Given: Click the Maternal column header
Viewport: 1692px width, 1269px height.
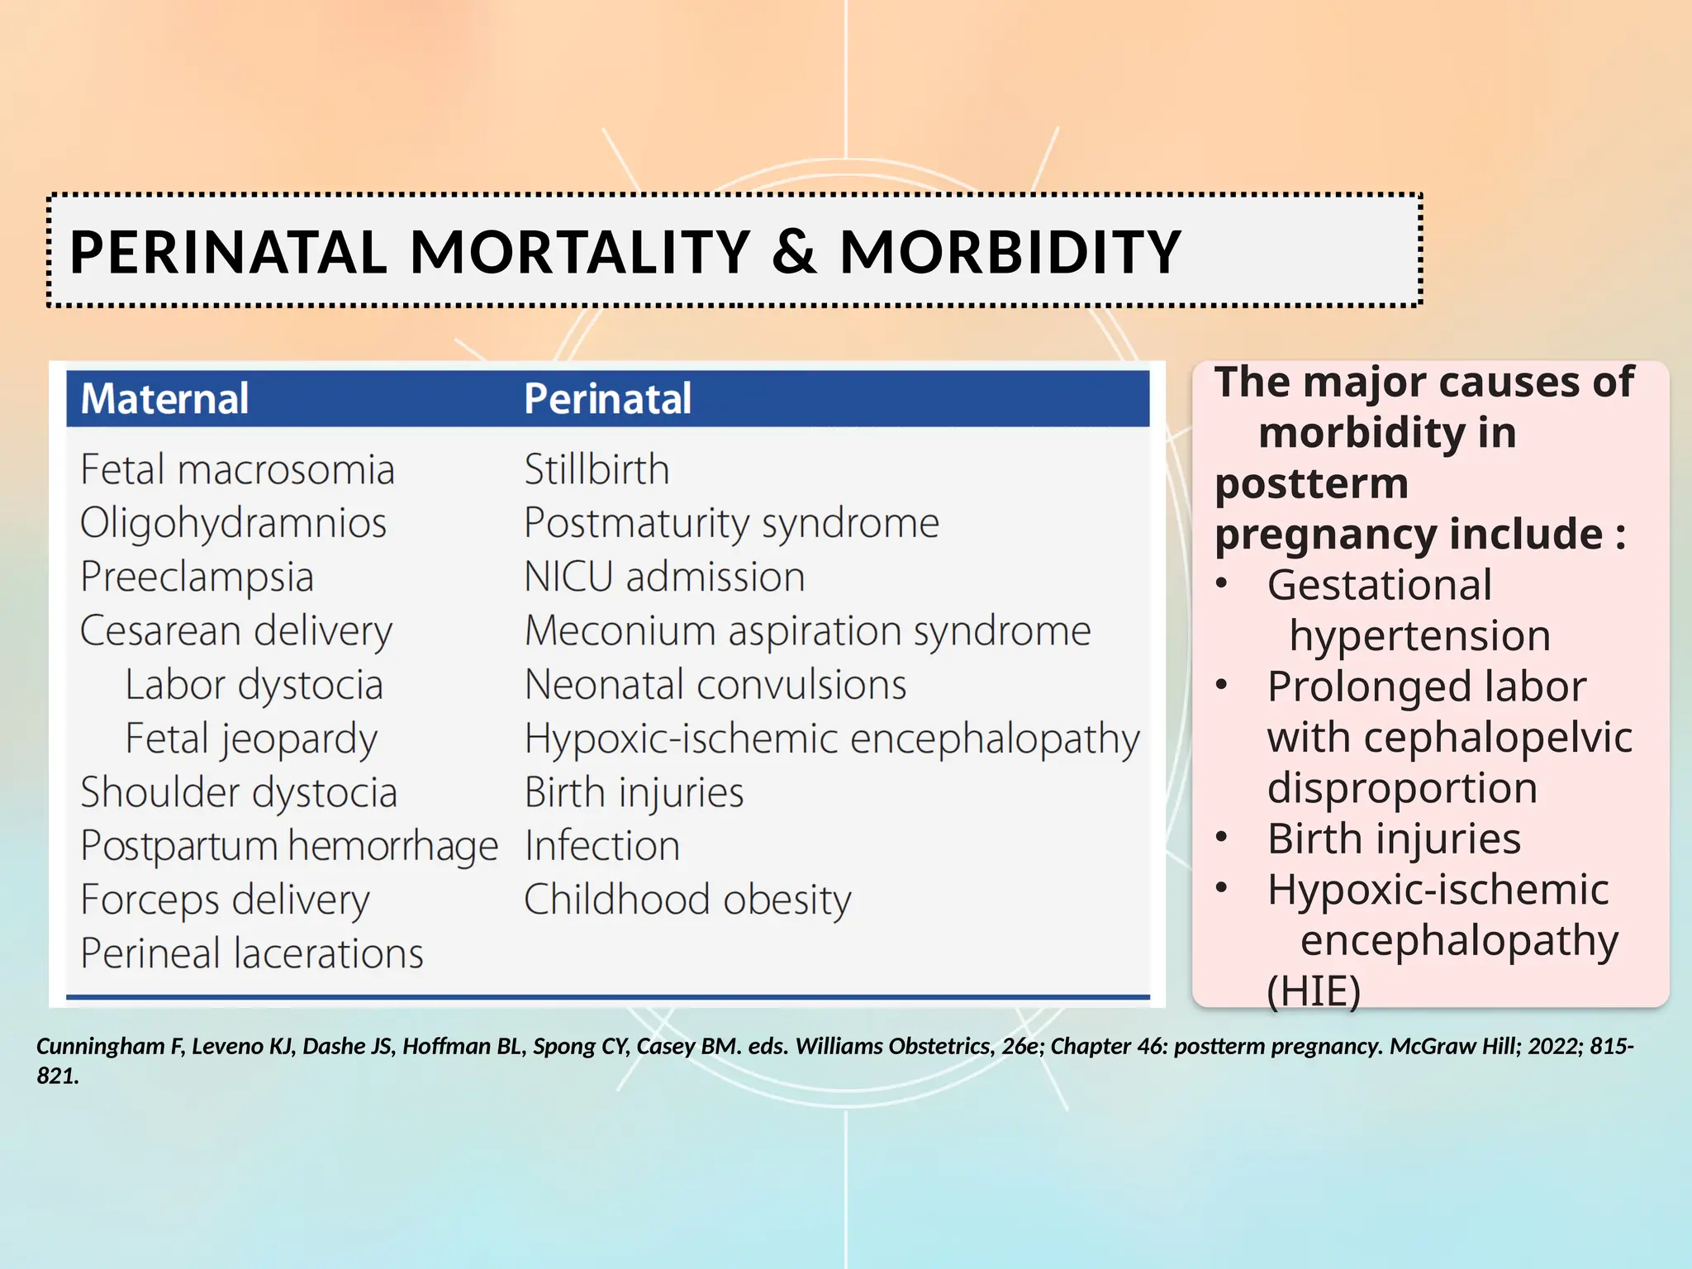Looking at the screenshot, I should tap(164, 398).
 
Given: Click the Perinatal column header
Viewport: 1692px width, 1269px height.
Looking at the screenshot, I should tap(607, 398).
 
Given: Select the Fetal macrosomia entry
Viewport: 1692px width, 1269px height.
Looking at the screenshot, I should tap(237, 469).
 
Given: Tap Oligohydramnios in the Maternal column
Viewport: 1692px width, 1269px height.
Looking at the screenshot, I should tap(233, 523).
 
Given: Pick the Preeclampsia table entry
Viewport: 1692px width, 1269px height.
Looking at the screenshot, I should tap(197, 577).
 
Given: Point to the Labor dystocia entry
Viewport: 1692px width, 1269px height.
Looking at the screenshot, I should tap(254, 685).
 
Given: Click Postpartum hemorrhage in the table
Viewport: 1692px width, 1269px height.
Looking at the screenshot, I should tap(288, 846).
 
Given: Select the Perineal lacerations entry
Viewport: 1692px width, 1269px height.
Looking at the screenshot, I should tap(251, 953).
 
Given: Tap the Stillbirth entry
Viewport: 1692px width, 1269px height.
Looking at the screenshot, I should tap(596, 469).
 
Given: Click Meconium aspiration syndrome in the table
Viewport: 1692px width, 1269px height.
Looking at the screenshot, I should tap(807, 631).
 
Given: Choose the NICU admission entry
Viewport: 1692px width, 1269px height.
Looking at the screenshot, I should tap(664, 577).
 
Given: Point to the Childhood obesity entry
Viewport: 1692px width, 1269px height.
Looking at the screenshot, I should tap(687, 900).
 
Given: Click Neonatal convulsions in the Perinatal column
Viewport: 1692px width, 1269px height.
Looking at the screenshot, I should tap(715, 685).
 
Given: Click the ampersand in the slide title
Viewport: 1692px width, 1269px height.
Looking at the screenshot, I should tap(794, 251).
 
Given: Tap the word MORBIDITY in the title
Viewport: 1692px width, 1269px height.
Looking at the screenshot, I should tap(1010, 251).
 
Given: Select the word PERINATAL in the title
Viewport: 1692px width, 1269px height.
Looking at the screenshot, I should tap(228, 251).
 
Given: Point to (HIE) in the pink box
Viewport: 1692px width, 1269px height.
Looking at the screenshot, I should tap(1313, 991).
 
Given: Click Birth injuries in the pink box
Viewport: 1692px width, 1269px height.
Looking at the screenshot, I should tap(1394, 839).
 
